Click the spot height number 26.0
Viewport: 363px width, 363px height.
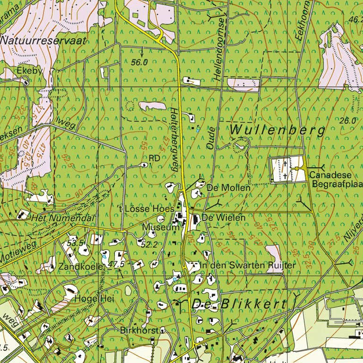pos(347,121)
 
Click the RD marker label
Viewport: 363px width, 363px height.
pos(154,158)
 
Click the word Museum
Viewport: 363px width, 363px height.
pos(156,227)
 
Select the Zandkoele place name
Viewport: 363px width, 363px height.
pos(81,267)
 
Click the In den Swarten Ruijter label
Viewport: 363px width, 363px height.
pos(248,266)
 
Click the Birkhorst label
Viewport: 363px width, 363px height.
pos(139,329)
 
